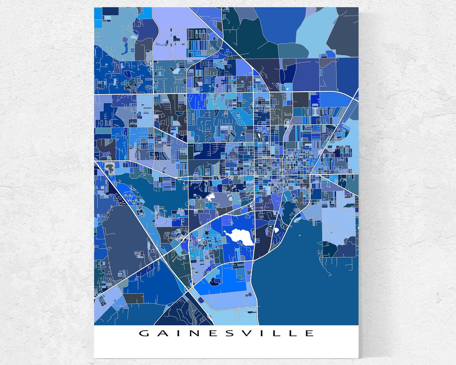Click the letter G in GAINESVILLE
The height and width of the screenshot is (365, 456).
click(x=144, y=333)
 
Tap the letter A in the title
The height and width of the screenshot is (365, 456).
click(x=162, y=333)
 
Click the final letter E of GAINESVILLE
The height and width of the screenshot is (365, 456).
click(x=309, y=333)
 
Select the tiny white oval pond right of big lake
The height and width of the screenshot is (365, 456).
click(x=277, y=230)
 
